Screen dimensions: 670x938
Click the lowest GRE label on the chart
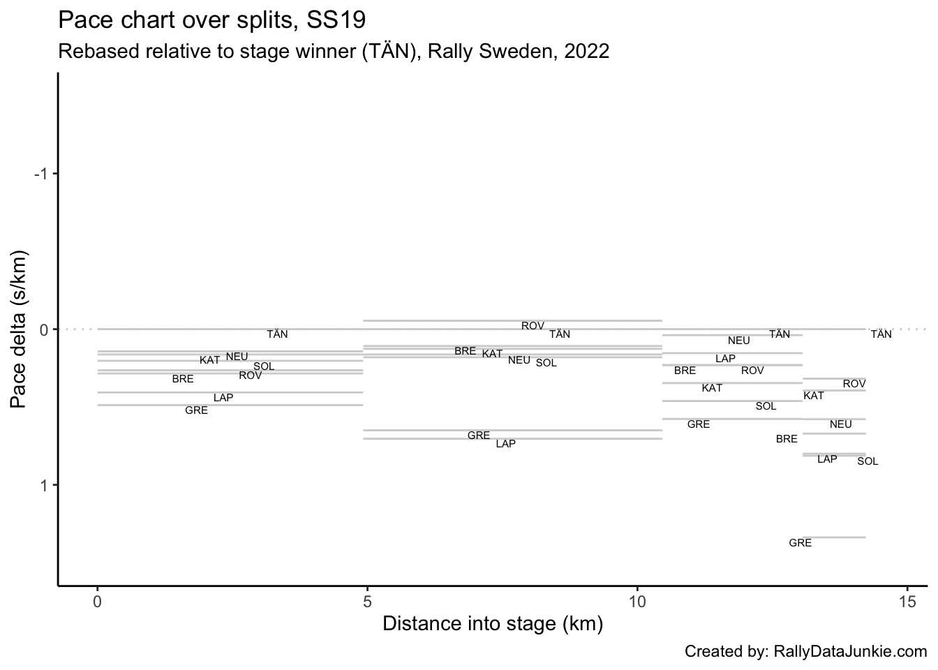click(x=800, y=543)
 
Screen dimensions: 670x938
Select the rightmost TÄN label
click(x=881, y=334)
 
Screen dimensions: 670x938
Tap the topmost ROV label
click(x=533, y=326)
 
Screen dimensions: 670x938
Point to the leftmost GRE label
click(x=196, y=410)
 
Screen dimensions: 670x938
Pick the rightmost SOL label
click(x=868, y=461)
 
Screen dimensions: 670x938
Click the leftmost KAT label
click(x=209, y=360)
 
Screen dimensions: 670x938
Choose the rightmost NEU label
click(x=840, y=424)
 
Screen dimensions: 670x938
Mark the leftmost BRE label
click(x=183, y=379)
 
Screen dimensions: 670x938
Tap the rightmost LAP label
click(x=827, y=459)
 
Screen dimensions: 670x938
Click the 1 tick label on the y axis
click(x=43, y=485)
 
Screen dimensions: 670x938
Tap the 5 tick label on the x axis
click(x=367, y=601)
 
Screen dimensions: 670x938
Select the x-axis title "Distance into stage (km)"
click(x=493, y=623)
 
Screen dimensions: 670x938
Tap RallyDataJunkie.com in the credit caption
click(x=851, y=652)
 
